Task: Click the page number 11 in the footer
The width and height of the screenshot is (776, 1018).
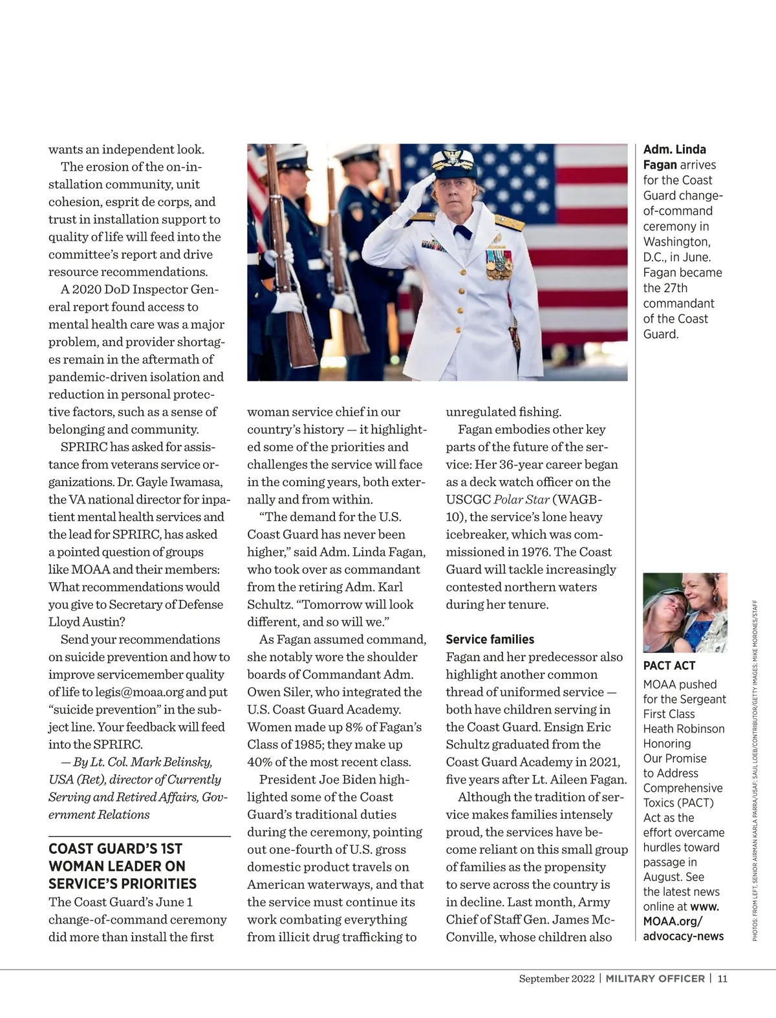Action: pos(722,978)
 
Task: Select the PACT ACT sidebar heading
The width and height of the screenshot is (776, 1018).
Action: pos(669,666)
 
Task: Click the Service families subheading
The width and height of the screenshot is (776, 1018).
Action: pos(490,639)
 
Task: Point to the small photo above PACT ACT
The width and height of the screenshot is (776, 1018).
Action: pos(685,612)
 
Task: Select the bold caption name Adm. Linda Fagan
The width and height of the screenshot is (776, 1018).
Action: pos(674,157)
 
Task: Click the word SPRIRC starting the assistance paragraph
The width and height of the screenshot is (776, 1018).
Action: pos(83,447)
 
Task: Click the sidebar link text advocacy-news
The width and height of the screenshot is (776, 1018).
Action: pos(683,936)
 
